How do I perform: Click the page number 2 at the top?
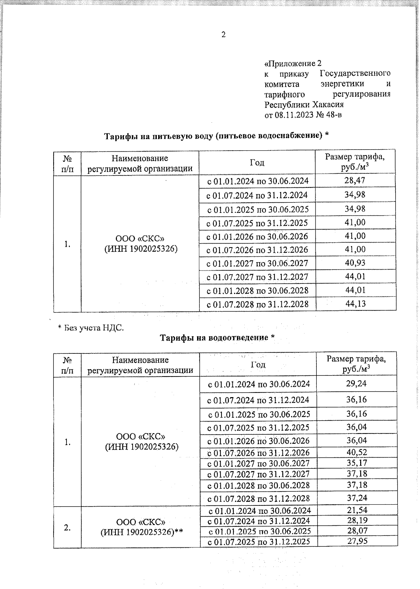point(223,34)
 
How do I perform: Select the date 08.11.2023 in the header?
point(294,115)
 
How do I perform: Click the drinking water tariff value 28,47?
point(355,181)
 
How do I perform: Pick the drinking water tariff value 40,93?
point(355,263)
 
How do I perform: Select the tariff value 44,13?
point(356,303)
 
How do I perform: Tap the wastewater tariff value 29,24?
point(356,383)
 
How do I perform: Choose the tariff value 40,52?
point(357,452)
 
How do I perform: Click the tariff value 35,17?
point(357,463)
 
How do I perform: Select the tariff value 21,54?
point(357,510)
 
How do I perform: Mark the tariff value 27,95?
point(357,541)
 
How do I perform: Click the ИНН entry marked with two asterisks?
point(142,532)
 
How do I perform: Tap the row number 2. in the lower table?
point(68,527)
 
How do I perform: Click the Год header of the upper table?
point(257,163)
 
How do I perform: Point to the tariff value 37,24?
point(357,497)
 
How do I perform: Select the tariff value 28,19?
point(357,520)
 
